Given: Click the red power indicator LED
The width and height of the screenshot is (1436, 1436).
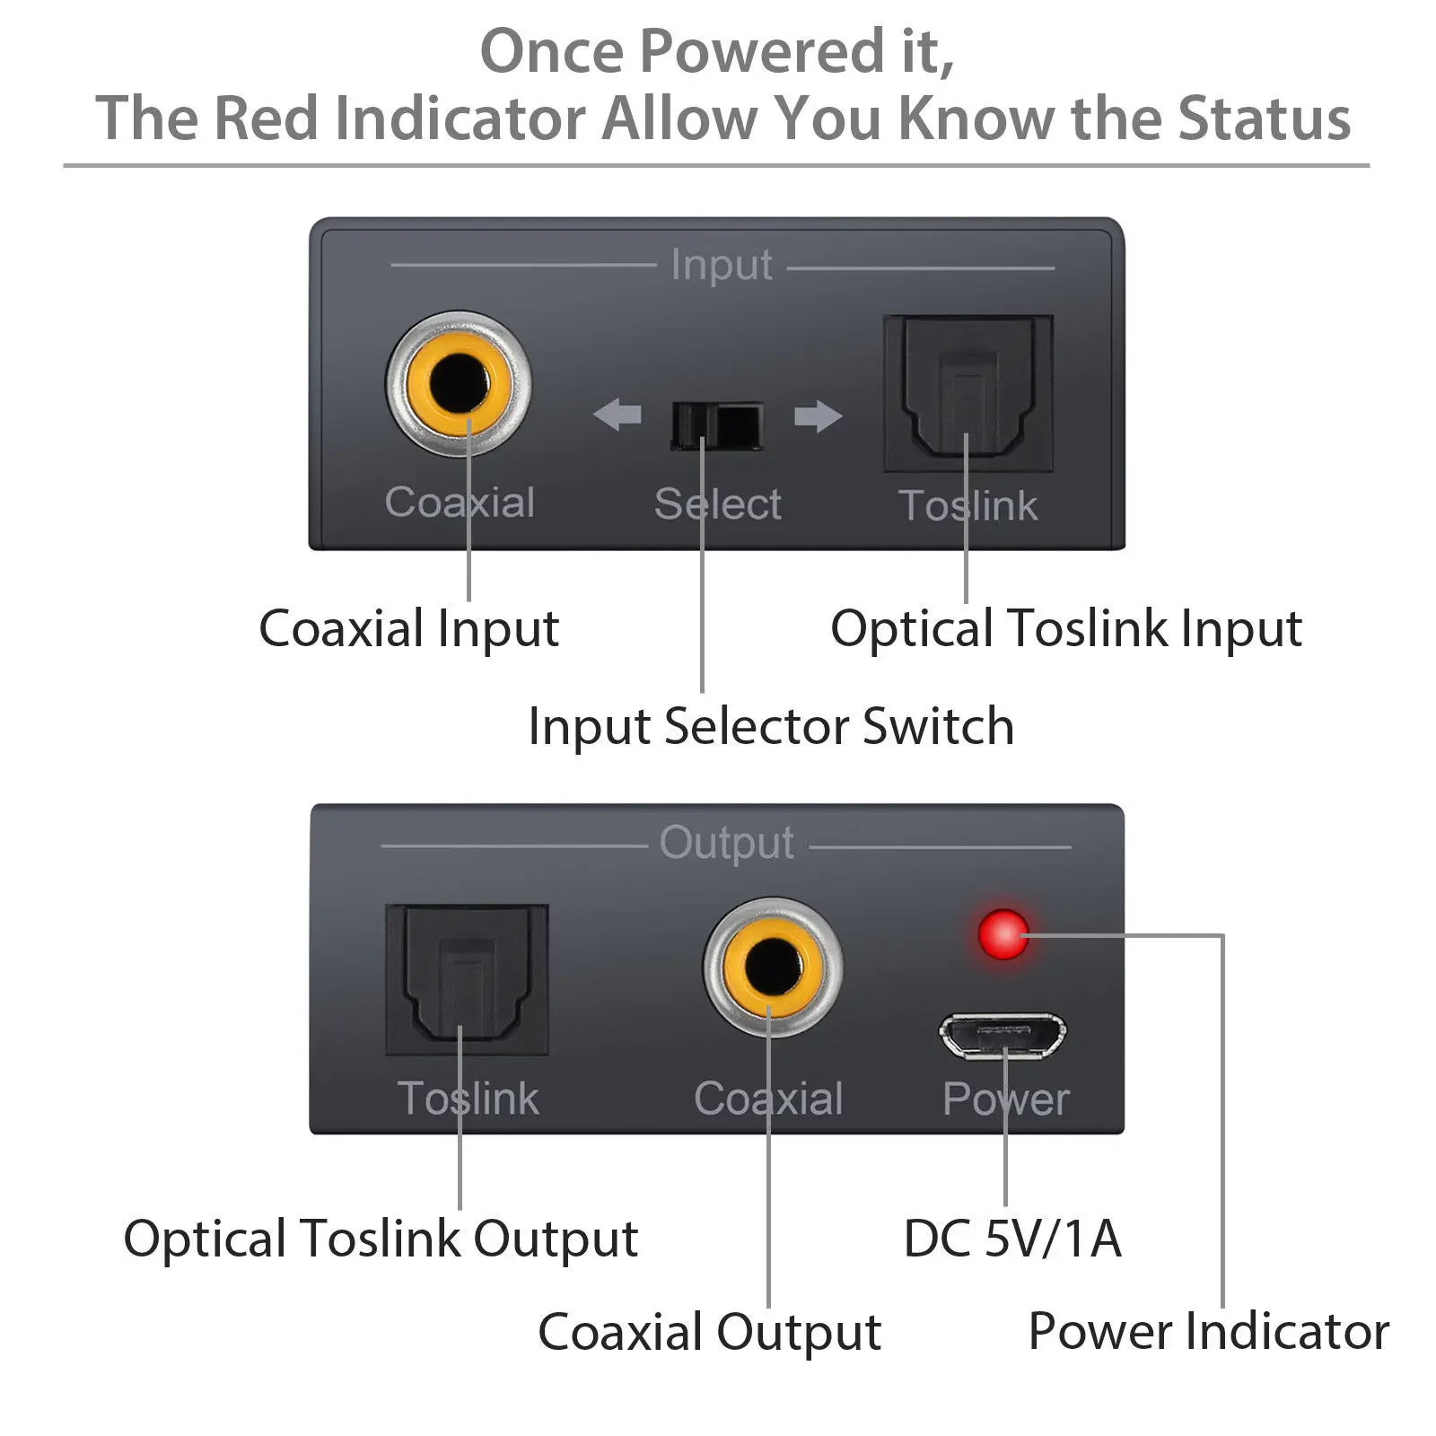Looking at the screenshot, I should tap(1003, 934).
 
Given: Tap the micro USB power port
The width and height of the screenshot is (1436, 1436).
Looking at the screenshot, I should tap(1003, 1037).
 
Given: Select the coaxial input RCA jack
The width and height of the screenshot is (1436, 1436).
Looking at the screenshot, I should tap(459, 384).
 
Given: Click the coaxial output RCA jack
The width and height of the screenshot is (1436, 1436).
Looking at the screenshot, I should tap(772, 968).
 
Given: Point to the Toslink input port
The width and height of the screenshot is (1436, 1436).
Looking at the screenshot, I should tap(968, 392).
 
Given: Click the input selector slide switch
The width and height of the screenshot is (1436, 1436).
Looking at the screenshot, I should tap(717, 425).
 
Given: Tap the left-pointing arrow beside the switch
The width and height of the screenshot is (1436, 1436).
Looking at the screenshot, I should tap(617, 415).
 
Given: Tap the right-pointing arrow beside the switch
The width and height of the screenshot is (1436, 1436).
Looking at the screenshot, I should tap(818, 416).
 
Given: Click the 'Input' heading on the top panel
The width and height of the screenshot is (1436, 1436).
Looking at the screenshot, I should tap(722, 266).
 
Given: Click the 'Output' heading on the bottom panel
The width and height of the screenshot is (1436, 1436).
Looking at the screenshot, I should tap(726, 844).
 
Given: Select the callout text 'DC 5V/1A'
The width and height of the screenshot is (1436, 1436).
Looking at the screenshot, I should tap(1011, 1239).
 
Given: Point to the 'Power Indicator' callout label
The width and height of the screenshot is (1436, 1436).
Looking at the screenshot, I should tap(1208, 1331).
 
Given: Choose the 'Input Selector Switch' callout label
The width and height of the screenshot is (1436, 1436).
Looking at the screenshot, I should tap(771, 726).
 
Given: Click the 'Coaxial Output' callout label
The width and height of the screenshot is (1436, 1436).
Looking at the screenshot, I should tap(709, 1332).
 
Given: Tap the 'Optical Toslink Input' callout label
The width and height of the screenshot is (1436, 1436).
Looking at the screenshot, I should tap(1065, 628).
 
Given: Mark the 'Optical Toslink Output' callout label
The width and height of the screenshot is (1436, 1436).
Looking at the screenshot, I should tap(381, 1239).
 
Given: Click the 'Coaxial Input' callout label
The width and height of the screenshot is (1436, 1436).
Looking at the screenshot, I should tap(408, 628).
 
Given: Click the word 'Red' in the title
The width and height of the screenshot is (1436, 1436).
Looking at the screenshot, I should tap(266, 118).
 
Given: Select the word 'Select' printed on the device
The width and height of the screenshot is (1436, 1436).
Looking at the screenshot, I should tap(717, 503).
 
